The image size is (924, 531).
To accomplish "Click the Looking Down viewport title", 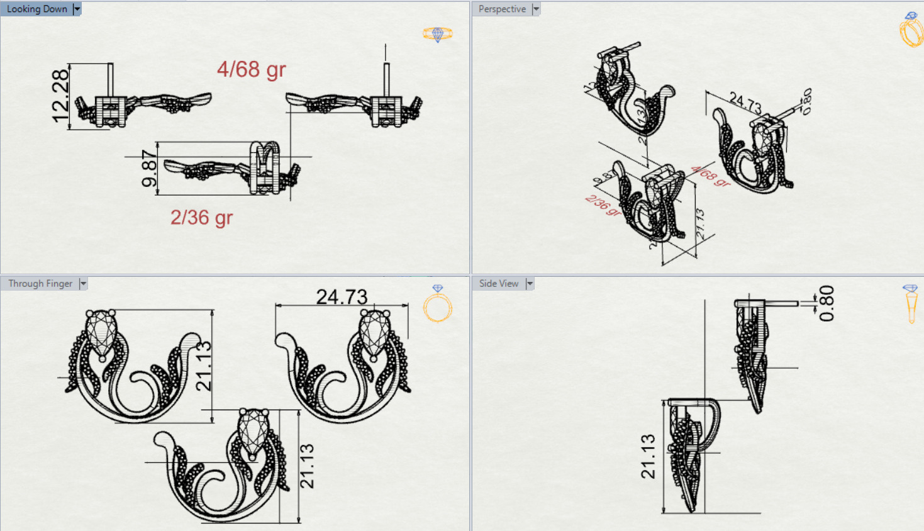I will click(x=36, y=9).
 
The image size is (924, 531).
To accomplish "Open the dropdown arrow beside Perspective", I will click(x=536, y=9).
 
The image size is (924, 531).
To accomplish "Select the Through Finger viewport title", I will click(x=40, y=284).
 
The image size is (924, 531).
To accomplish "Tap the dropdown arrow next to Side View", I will click(x=530, y=284).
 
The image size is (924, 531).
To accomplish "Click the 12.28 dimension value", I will click(x=60, y=96).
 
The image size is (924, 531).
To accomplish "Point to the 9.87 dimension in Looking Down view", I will click(x=149, y=168).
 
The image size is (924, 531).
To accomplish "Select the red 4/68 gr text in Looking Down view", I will click(x=251, y=69).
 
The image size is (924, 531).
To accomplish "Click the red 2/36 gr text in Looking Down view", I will click(x=201, y=218).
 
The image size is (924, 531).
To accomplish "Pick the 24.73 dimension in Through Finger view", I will click(x=342, y=296).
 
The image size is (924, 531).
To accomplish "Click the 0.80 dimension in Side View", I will click(x=827, y=303).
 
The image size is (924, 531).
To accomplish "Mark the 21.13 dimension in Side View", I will click(x=648, y=456).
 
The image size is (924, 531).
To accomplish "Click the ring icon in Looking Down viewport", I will click(x=438, y=34).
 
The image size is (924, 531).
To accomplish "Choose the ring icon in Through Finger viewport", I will click(x=437, y=305).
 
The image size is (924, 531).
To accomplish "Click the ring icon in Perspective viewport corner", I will click(x=910, y=30).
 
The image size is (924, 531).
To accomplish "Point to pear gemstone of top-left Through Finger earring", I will click(x=101, y=332).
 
